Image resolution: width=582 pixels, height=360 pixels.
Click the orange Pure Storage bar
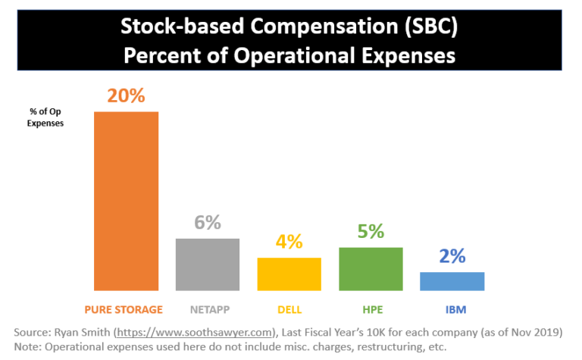pos(126,201)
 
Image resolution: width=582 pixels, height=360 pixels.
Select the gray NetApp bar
pos(208,265)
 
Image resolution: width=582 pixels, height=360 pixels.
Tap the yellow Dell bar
pos(289,274)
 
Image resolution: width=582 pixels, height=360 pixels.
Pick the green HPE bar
pos(371,269)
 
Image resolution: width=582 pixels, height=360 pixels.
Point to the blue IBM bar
pos(452,281)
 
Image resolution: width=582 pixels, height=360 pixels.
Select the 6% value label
pos(208,222)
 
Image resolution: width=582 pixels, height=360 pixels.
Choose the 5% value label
pos(371,231)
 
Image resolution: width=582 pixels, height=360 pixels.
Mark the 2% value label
pos(452,256)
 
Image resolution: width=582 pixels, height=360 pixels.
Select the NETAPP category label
pos(208,309)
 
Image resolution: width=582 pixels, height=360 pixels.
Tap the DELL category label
pos(289,309)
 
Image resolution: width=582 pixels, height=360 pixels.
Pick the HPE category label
pos(371,309)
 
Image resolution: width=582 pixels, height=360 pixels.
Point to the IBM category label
pos(452,309)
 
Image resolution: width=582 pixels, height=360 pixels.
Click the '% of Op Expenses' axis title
pos(45,117)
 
